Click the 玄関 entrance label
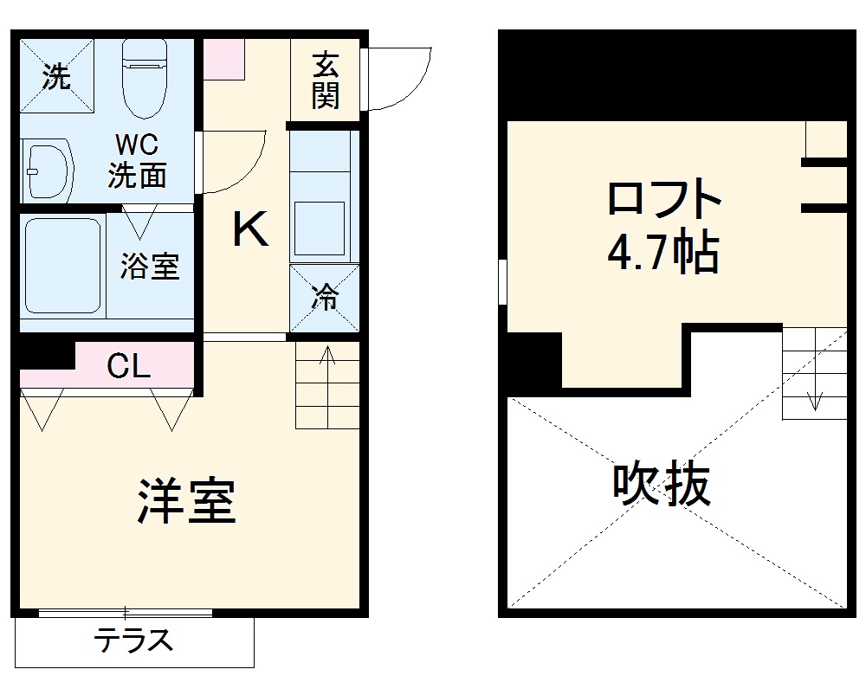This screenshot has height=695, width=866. click(325, 80)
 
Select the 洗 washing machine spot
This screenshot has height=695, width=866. click(56, 77)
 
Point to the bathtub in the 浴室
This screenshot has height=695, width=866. click(61, 266)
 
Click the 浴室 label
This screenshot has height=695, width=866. click(150, 266)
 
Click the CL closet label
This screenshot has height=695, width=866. click(129, 367)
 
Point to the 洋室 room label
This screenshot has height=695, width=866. click(185, 501)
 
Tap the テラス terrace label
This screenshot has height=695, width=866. click(134, 641)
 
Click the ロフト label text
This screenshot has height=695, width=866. click(663, 201)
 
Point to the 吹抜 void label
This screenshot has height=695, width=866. click(662, 486)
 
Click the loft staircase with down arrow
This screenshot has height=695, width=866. click(814, 373)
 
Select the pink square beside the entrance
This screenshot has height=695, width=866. click(224, 60)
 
